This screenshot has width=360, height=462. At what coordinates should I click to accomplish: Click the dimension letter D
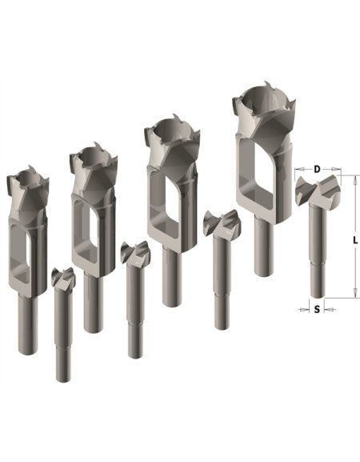[x=317, y=169]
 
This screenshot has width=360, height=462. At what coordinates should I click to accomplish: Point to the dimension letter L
[x=355, y=240]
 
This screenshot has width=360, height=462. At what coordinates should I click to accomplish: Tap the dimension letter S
[x=317, y=310]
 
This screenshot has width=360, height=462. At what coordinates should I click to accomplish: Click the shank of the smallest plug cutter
[x=28, y=325]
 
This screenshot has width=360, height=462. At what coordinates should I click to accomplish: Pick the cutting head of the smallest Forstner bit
[x=63, y=277]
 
